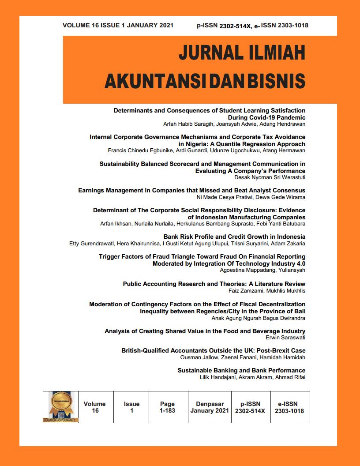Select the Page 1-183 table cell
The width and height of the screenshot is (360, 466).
point(167,407)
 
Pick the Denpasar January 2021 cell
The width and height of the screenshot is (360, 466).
point(210,407)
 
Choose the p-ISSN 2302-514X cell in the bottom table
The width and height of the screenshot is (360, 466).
point(250,407)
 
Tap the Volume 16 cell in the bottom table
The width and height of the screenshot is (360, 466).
point(95,407)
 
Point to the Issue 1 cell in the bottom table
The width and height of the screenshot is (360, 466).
point(131,407)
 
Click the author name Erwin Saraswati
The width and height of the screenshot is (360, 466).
point(285,338)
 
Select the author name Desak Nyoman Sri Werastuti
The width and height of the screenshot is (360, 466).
point(270,177)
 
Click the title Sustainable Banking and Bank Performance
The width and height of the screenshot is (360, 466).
point(241,370)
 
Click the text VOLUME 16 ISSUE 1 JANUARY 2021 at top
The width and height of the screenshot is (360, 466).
point(118,25)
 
